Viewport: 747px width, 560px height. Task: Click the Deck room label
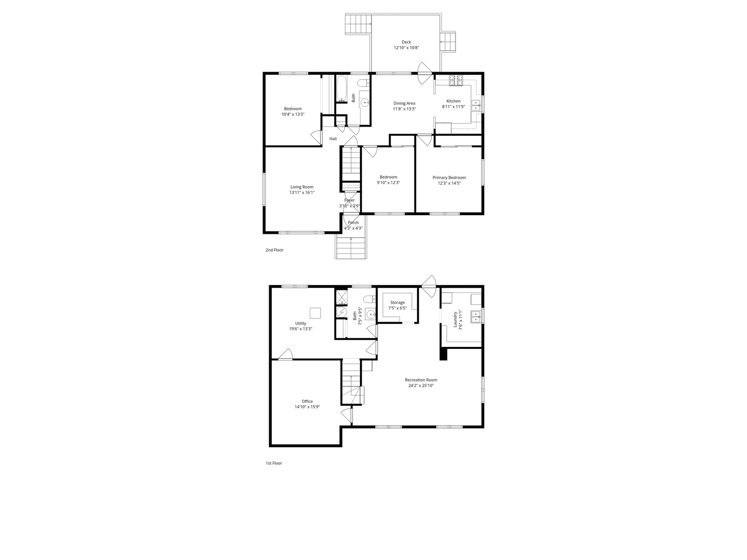pos(406,42)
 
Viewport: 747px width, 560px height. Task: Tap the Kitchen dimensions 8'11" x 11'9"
pos(453,107)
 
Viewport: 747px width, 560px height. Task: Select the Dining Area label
pos(404,103)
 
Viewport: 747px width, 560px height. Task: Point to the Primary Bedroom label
pos(449,177)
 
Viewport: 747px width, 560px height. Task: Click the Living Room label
pos(302,187)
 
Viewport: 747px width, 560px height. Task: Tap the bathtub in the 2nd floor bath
pos(341,89)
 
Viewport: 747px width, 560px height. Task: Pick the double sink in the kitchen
pos(476,106)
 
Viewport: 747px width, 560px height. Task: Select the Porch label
pos(353,222)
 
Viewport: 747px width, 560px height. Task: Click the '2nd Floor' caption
pos(274,250)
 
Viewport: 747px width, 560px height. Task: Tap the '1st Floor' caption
pos(274,463)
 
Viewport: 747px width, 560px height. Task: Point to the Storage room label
pos(397,302)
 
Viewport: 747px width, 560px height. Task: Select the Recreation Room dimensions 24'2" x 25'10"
pos(421,386)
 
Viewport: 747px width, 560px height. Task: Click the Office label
pos(307,401)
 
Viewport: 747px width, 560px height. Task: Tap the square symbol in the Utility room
pos(315,313)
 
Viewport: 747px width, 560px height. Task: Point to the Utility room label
pos(301,323)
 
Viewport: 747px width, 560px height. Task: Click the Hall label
pos(333,138)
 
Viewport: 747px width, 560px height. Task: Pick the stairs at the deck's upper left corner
pos(358,24)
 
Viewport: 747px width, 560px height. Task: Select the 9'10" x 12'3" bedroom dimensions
pos(388,183)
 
